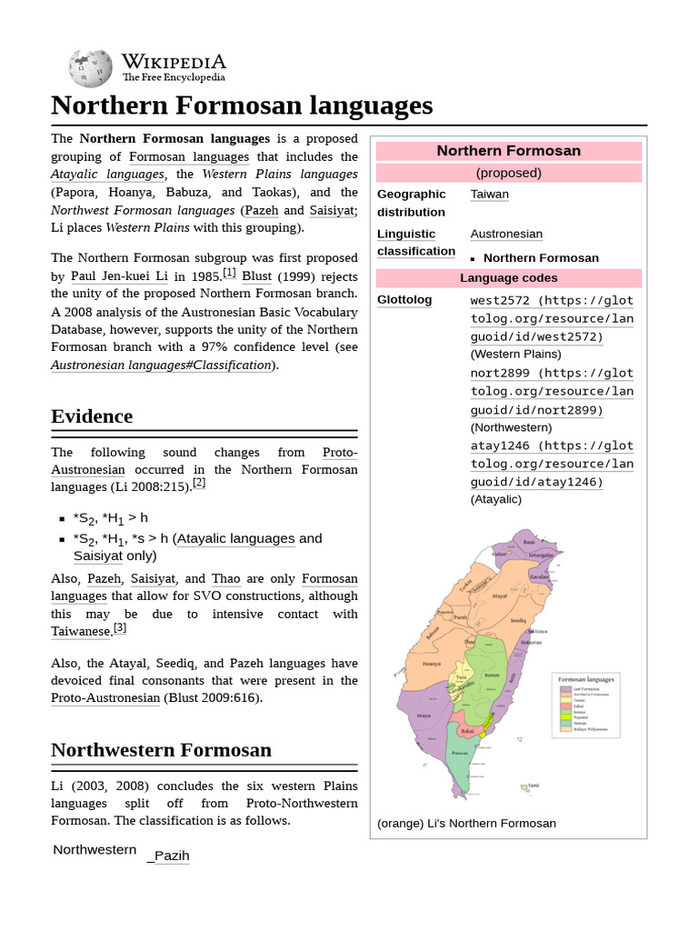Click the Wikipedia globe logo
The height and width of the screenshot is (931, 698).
point(90,68)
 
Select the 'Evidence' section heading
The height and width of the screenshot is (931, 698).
point(92,416)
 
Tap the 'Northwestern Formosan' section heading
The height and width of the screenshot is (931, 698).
point(161,750)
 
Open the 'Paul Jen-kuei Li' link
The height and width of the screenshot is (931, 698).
point(117,275)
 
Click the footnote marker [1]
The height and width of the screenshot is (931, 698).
point(229,273)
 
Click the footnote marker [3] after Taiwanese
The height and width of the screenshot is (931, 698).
point(120,628)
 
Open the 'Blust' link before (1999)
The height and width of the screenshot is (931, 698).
point(257,275)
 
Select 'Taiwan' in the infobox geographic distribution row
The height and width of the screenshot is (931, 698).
point(489,194)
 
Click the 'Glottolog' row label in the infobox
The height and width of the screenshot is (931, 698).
point(404,299)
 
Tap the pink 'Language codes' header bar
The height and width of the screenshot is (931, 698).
point(508,278)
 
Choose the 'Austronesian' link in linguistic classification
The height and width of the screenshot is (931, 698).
point(506,234)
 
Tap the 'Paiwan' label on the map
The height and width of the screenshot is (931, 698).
point(461,753)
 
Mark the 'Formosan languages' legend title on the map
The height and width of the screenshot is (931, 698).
point(585,679)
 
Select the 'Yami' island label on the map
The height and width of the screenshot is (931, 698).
point(533,785)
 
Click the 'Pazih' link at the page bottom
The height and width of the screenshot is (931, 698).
point(171,856)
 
